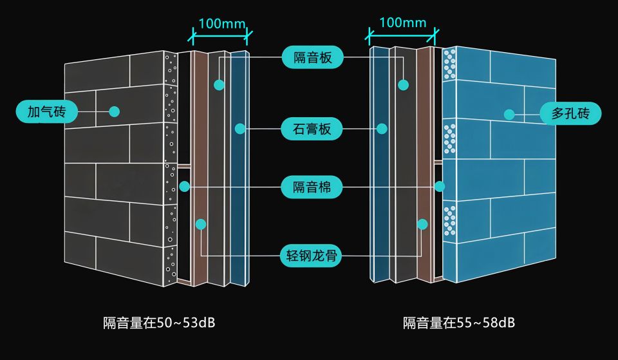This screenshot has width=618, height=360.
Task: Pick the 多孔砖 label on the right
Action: (570, 115)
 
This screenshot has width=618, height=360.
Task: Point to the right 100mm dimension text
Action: (403, 23)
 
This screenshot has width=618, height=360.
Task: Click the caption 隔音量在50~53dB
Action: (159, 322)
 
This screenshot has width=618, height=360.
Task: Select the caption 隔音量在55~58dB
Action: (459, 322)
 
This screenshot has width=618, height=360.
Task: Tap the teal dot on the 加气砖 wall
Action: (115, 111)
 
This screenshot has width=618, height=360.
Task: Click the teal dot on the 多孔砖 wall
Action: (509, 115)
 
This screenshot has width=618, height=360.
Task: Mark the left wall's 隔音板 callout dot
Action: (220, 84)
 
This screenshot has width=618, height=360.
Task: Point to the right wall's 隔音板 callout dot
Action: (404, 84)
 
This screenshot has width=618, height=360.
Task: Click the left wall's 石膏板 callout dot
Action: (240, 129)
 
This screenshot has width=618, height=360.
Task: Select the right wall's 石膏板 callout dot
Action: (382, 129)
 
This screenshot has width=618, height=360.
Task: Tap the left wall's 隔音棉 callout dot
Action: (185, 187)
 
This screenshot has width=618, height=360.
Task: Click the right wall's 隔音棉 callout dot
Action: (440, 187)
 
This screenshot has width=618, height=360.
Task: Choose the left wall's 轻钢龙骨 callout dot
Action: (201, 224)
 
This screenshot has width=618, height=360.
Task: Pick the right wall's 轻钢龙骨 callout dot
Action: (422, 224)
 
